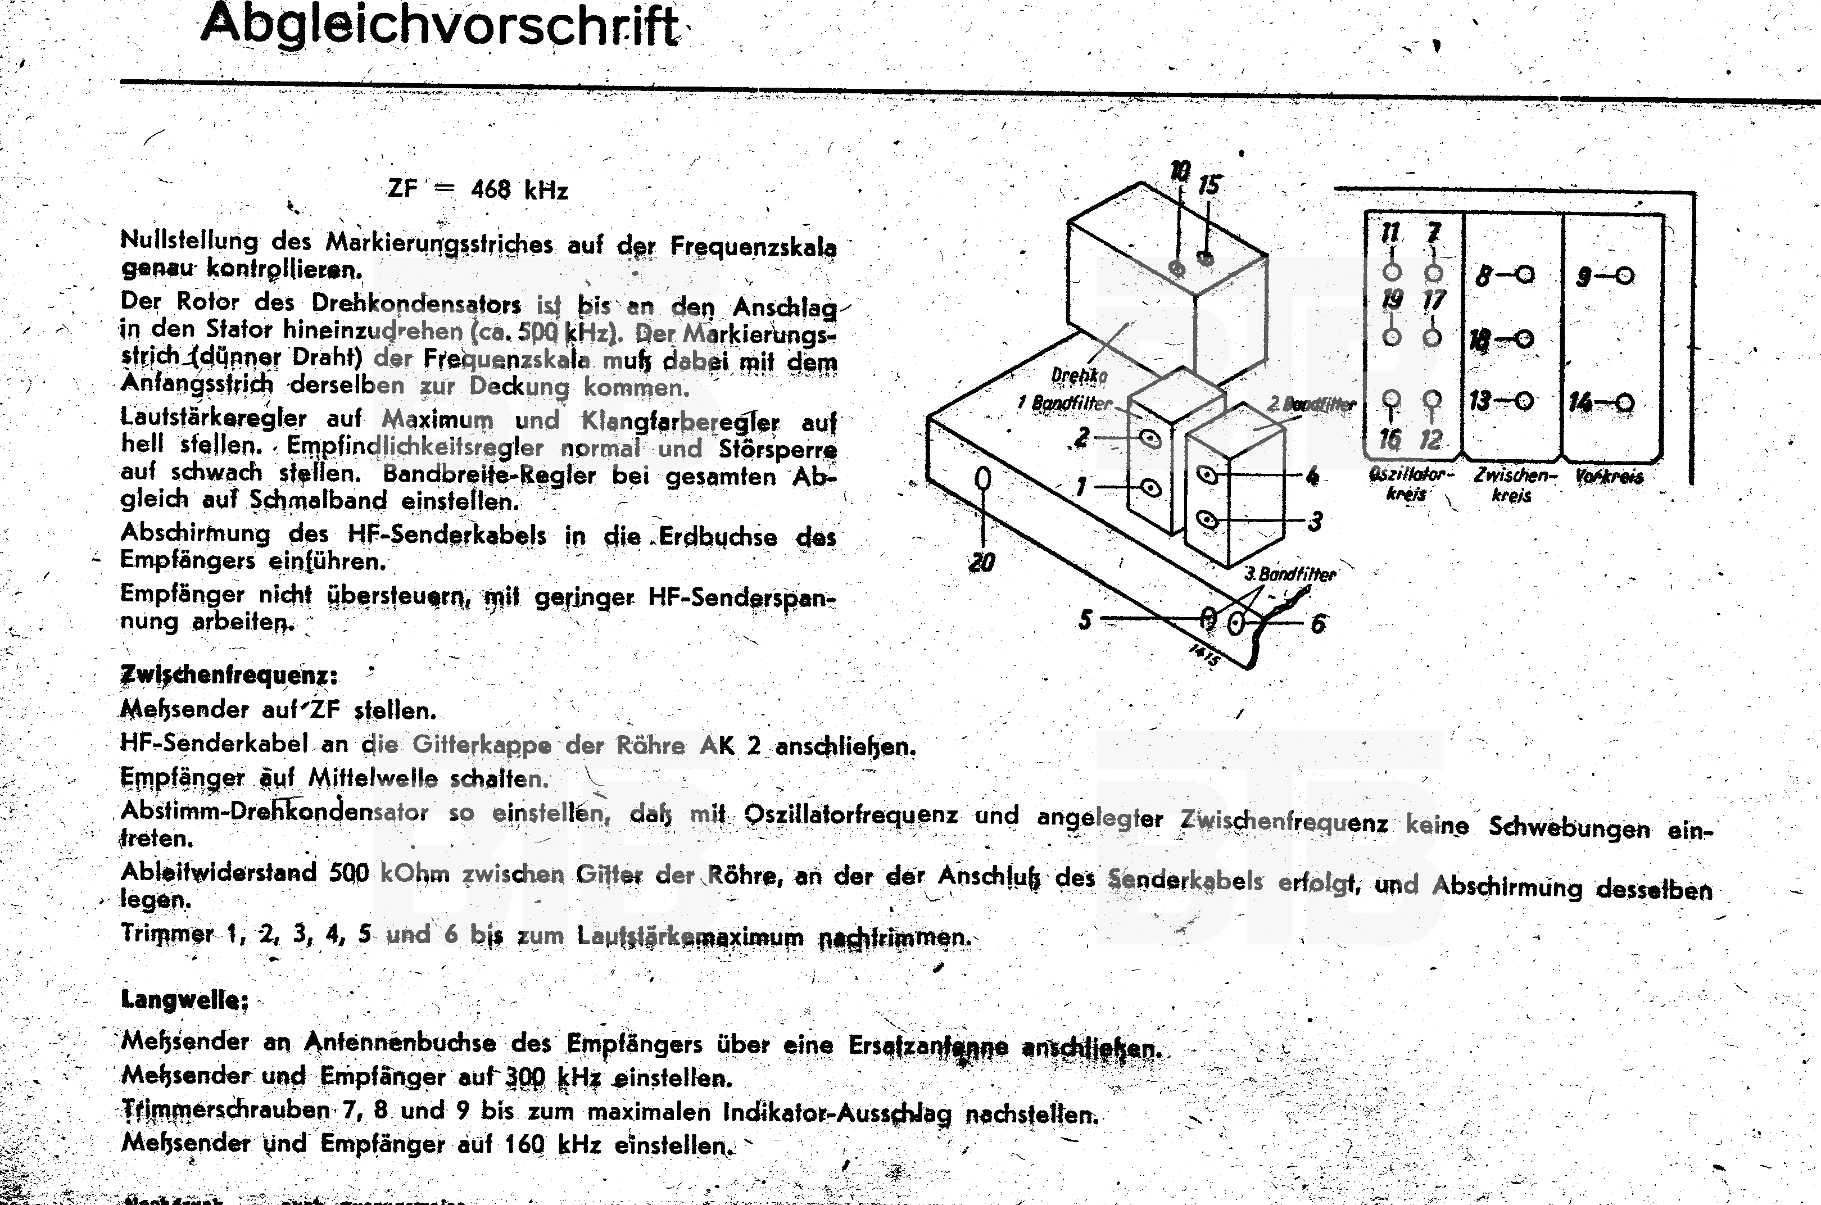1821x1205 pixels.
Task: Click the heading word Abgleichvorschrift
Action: pos(440,26)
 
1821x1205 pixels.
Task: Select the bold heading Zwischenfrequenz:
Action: pos(229,676)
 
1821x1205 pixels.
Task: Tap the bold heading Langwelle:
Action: pos(184,1000)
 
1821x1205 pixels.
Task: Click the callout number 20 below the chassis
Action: pos(981,563)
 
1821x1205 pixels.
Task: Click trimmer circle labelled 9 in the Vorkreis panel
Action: pos(1624,276)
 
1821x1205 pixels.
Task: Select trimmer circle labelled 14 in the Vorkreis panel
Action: pos(1624,402)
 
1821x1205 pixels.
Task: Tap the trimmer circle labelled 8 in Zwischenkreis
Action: pos(1525,274)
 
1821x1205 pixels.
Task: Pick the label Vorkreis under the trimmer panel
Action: pos(1609,477)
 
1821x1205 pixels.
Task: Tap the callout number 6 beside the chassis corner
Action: pos(1318,624)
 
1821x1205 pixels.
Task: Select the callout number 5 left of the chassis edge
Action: pos(1085,619)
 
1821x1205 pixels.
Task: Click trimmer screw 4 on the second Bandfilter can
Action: pos(1207,475)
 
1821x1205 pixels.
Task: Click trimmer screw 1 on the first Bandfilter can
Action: pos(1150,487)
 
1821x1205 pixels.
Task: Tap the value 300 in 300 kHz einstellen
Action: pos(525,1077)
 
